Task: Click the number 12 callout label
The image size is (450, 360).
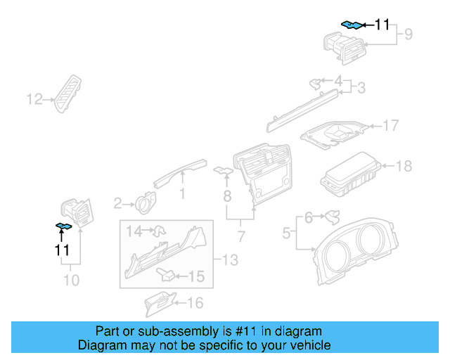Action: [x=34, y=100]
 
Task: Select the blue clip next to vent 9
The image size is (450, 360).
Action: [x=352, y=25]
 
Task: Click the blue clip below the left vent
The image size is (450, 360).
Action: [x=65, y=226]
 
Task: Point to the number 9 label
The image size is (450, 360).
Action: [x=407, y=34]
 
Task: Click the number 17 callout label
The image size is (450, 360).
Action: [x=390, y=126]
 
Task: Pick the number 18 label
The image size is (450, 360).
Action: [x=404, y=167]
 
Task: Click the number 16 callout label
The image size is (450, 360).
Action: [x=194, y=303]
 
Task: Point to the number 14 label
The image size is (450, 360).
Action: [x=134, y=230]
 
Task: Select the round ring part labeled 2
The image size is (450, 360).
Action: [x=148, y=202]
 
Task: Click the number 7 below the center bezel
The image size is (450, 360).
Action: [x=240, y=234]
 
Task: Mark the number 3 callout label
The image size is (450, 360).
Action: [x=360, y=88]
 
